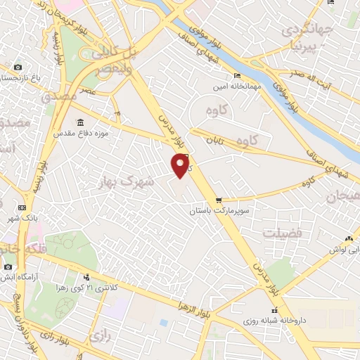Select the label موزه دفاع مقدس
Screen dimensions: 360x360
tap(79, 131)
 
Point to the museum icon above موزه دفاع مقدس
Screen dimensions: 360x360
tap(79, 122)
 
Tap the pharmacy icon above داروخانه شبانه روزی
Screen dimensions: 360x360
tap(274, 311)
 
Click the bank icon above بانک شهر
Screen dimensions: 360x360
tap(22, 208)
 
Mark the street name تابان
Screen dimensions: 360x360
tap(214, 141)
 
